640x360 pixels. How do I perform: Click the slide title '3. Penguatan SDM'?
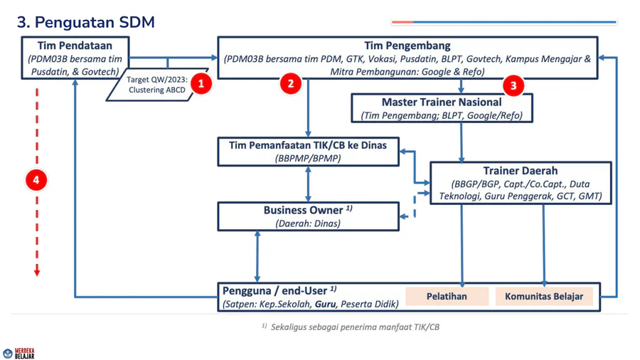click(x=86, y=23)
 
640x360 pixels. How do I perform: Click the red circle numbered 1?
click(x=201, y=84)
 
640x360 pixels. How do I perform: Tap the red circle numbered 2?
click(x=290, y=83)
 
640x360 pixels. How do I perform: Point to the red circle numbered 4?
click(x=36, y=180)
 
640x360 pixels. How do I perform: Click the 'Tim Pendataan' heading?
click(x=75, y=46)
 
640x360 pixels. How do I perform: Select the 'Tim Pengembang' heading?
click(x=407, y=46)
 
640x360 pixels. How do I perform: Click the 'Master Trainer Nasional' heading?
click(x=442, y=102)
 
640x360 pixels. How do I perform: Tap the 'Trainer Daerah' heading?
click(x=521, y=171)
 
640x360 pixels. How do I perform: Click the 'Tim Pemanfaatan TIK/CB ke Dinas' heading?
click(x=308, y=145)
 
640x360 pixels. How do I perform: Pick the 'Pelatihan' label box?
click(x=447, y=296)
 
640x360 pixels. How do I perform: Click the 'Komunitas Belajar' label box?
click(x=544, y=296)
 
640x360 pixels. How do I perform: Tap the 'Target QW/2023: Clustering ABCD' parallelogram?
click(x=156, y=85)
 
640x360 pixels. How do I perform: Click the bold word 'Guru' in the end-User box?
click(x=325, y=304)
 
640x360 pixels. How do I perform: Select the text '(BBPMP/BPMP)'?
click(x=308, y=158)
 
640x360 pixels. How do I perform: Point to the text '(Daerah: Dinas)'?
click(x=308, y=223)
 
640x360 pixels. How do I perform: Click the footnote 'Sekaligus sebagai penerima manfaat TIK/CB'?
click(x=355, y=327)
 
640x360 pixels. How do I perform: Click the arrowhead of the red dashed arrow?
click(x=37, y=272)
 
